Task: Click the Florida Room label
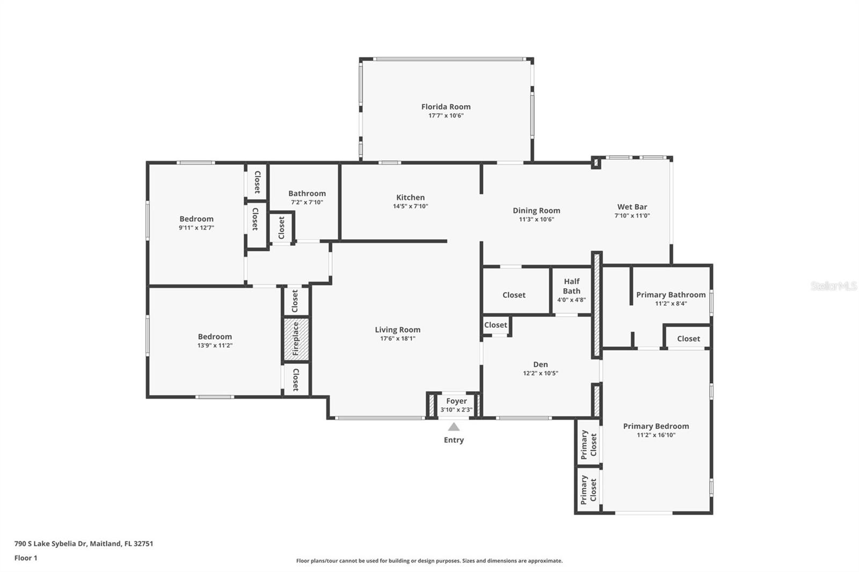(446, 107)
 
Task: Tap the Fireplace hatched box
(296, 339)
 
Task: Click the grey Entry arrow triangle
(454, 427)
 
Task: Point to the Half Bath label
(571, 286)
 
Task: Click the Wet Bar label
(632, 207)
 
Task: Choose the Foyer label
(456, 401)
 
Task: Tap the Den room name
(540, 364)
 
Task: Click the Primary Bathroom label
(671, 295)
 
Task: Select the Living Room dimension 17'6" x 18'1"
(397, 339)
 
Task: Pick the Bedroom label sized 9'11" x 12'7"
(196, 219)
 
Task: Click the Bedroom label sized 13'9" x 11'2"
(215, 337)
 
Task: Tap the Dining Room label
(536, 210)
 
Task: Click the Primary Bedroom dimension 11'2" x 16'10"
(656, 435)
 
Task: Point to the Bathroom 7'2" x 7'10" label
(307, 194)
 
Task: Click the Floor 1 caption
(26, 558)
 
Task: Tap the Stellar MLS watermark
(833, 286)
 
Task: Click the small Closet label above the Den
(495, 325)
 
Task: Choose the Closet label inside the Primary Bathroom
(688, 339)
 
